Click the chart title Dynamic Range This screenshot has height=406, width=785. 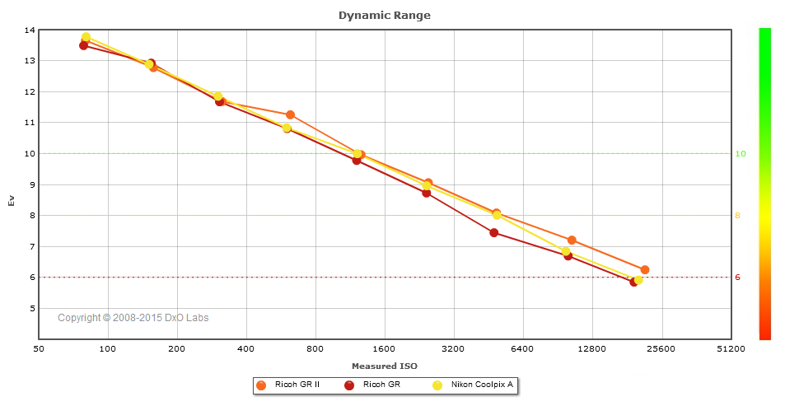(x=384, y=15)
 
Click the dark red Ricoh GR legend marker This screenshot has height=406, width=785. (x=349, y=385)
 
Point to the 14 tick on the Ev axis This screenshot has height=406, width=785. (x=30, y=30)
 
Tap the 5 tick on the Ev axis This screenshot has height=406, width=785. (x=31, y=309)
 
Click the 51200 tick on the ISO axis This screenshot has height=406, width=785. (x=730, y=349)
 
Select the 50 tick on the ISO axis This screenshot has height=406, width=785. (x=39, y=349)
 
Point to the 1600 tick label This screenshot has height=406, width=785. (x=384, y=349)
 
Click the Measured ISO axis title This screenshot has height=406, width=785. (x=384, y=366)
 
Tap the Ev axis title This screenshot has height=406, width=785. (x=11, y=200)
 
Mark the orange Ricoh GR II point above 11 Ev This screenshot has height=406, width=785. (x=290, y=115)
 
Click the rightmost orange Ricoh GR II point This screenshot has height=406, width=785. (x=645, y=270)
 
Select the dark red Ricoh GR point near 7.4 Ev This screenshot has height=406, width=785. (x=494, y=233)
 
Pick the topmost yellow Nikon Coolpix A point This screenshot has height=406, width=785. (x=86, y=37)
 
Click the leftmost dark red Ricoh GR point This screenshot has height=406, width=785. (x=83, y=45)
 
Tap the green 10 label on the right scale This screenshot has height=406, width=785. (x=740, y=154)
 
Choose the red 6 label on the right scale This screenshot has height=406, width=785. (x=738, y=278)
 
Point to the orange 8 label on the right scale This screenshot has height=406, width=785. (x=738, y=216)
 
